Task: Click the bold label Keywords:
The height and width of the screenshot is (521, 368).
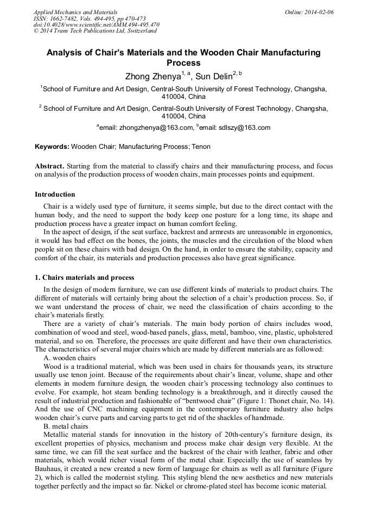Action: click(52, 147)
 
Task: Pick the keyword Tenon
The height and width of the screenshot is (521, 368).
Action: click(202, 147)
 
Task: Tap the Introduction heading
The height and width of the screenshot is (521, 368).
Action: click(55, 194)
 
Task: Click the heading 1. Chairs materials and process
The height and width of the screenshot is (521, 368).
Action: click(84, 278)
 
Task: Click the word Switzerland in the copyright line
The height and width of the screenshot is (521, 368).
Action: click(139, 31)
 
